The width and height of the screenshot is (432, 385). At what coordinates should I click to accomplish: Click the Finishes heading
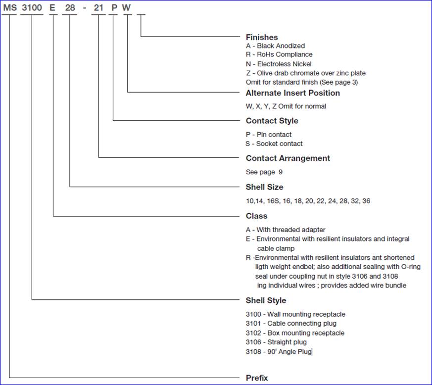tap(262, 37)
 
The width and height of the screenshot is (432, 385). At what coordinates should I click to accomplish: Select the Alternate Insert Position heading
tap(292, 93)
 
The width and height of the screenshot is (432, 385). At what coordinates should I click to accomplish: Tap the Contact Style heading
tap(272, 121)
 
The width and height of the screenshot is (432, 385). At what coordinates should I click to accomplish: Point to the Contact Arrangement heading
tap(288, 158)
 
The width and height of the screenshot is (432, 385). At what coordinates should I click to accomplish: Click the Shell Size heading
tap(264, 187)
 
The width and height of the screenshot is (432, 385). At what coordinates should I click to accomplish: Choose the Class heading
tap(256, 216)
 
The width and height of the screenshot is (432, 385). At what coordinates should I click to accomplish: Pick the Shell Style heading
tap(266, 300)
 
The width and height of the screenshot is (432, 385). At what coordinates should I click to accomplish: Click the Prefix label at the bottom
tap(257, 378)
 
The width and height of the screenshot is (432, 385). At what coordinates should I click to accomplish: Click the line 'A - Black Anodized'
tap(275, 46)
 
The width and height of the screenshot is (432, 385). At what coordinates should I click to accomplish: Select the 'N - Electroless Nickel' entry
tap(279, 64)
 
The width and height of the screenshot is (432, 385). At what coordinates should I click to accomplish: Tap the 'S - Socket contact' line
tap(274, 144)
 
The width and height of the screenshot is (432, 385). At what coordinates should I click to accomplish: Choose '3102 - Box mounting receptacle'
tap(295, 333)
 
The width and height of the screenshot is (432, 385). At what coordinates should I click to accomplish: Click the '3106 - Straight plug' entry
tap(276, 342)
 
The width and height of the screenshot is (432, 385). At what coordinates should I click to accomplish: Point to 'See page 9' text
tap(264, 172)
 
